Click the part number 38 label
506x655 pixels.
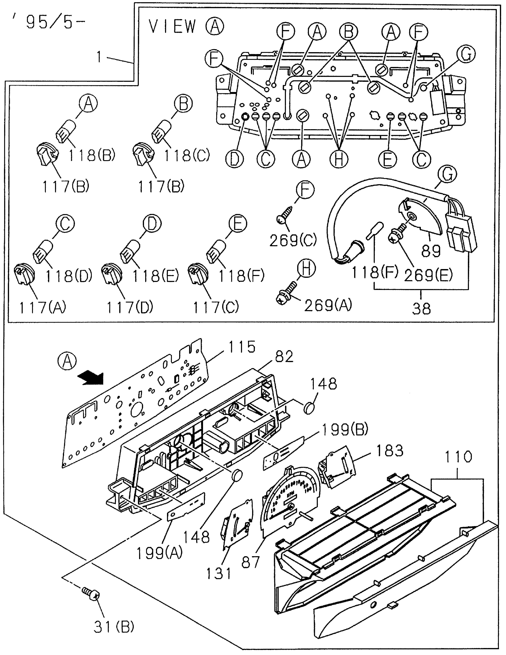pos(422,308)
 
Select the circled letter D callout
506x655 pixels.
pos(235,159)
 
